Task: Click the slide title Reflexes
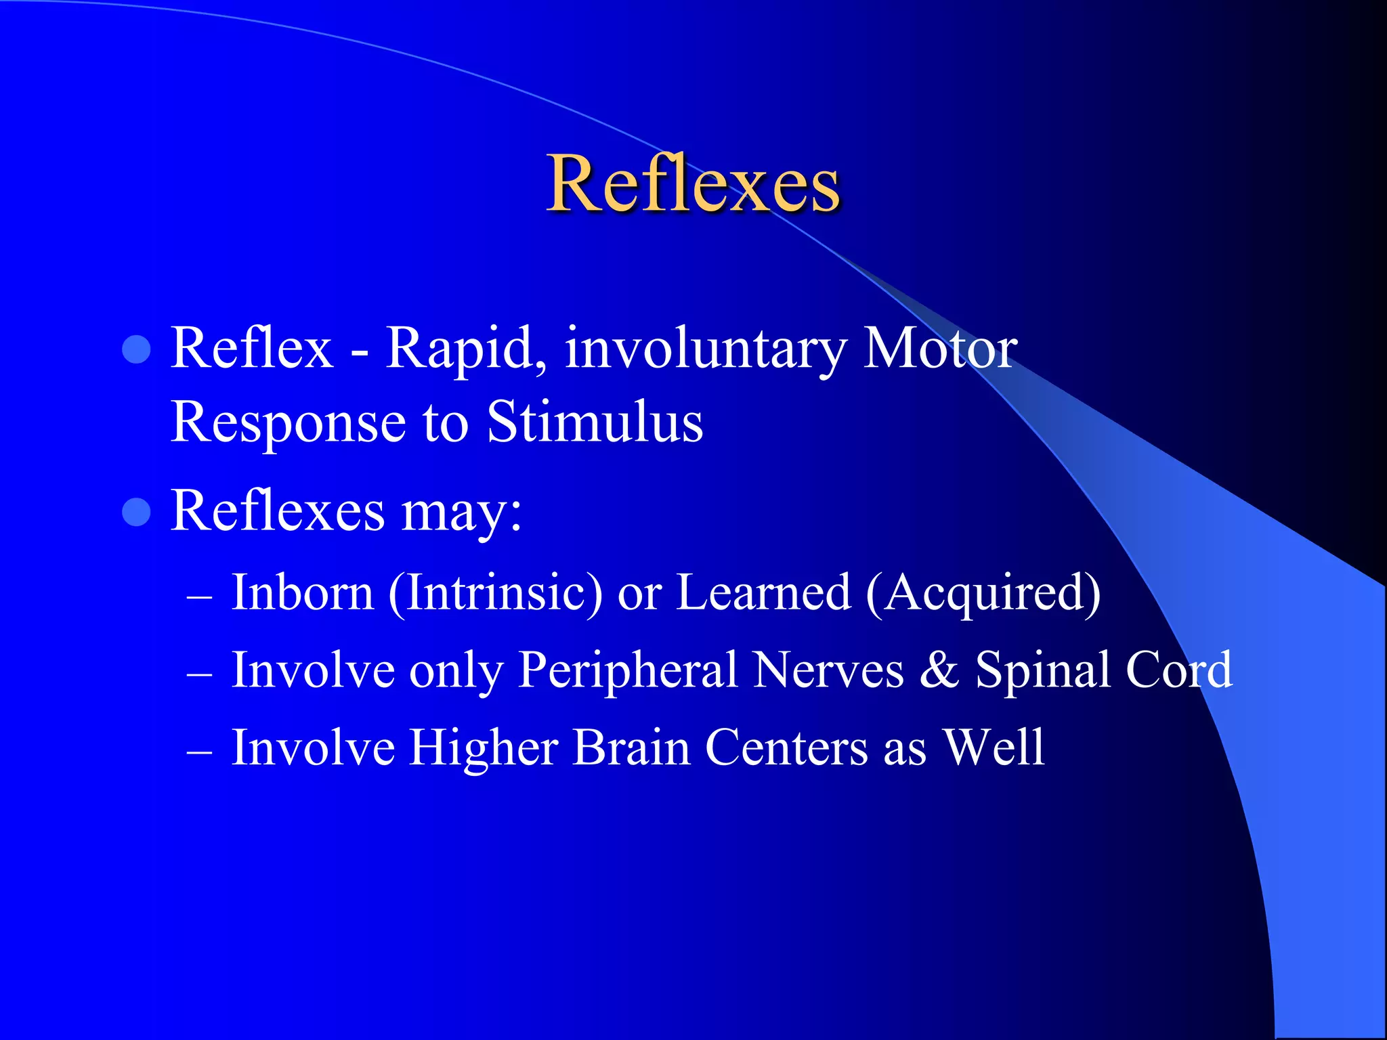pyautogui.click(x=693, y=183)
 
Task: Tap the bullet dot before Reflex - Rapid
pyautogui.click(x=136, y=350)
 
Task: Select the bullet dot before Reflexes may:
pyautogui.click(x=136, y=512)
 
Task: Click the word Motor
pyautogui.click(x=939, y=349)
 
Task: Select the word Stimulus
pyautogui.click(x=595, y=422)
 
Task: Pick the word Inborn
pyautogui.click(x=302, y=592)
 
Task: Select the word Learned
pyautogui.click(x=763, y=592)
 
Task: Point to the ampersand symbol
pyautogui.click(x=939, y=670)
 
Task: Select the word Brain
pyautogui.click(x=631, y=748)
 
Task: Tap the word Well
pyautogui.click(x=994, y=747)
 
